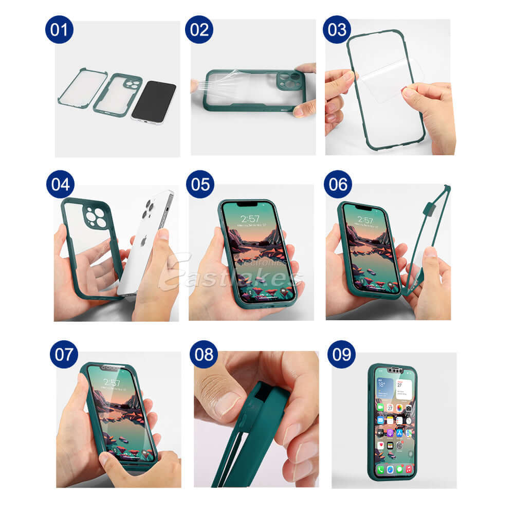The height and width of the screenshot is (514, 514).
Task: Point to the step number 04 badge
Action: point(60,184)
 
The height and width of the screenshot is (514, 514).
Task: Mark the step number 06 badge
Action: point(338,184)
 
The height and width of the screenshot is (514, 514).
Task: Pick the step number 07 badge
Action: point(64,354)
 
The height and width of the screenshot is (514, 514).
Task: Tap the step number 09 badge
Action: point(341,354)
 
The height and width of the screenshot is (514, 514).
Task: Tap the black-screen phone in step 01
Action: point(154,102)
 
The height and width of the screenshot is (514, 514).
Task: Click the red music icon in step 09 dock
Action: point(408,469)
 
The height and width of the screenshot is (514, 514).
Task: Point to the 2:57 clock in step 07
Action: point(112,383)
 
